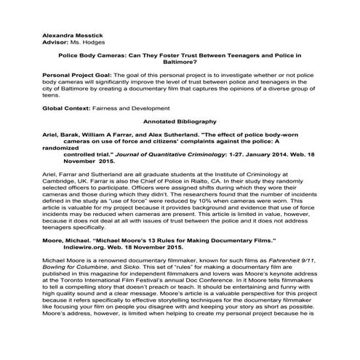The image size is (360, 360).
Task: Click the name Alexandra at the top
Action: pyautogui.click(x=40, y=35)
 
